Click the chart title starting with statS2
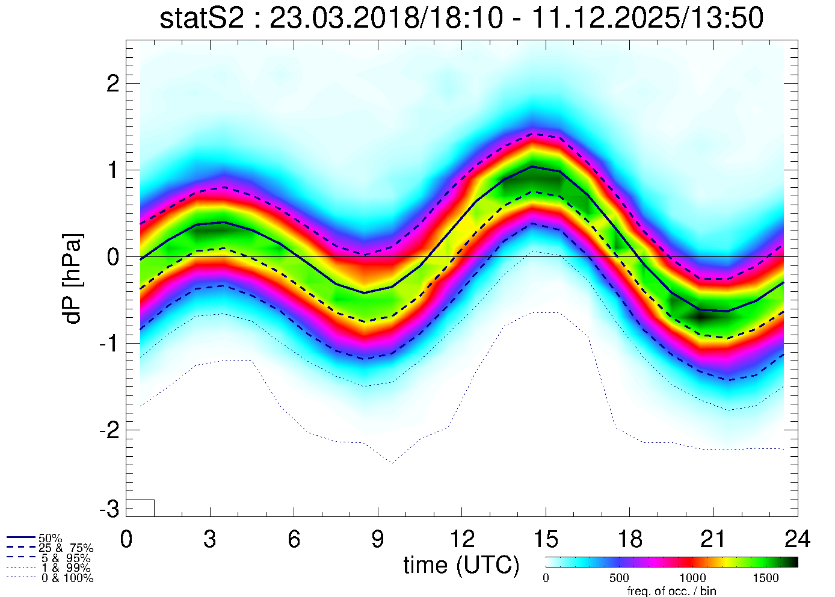tap(461, 19)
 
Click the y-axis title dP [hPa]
tap(73, 279)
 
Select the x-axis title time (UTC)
tap(461, 565)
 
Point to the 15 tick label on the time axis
tap(545, 539)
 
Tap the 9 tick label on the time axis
tap(377, 539)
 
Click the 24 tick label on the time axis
tap(797, 539)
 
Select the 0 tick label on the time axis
tap(126, 539)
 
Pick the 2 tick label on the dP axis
tap(112, 84)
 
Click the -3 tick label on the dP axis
tap(108, 510)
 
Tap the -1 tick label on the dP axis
tap(108, 344)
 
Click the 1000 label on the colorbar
tap(692, 578)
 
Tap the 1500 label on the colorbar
tap(766, 578)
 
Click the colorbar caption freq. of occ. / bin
tap(671, 591)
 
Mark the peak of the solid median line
tap(532, 166)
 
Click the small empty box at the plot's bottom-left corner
tap(140, 508)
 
